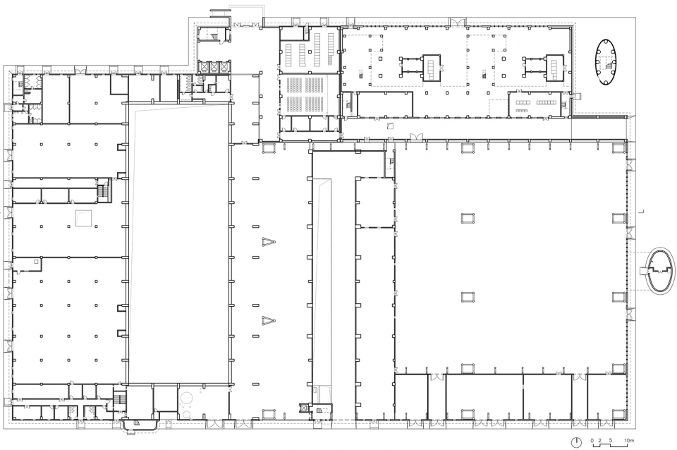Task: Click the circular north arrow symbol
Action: click(576, 442)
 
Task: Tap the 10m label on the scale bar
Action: click(628, 441)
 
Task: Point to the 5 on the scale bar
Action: click(611, 441)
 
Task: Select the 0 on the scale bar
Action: click(593, 441)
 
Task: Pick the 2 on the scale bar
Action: click(599, 441)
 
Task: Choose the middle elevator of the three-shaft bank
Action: click(214, 67)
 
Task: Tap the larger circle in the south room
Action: click(186, 399)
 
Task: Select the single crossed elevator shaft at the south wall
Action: click(305, 407)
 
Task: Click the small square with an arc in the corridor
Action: click(390, 126)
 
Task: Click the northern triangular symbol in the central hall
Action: click(268, 242)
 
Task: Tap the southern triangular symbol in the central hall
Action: click(268, 320)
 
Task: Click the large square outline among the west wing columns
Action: click(83, 218)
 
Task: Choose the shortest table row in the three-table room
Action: click(522, 110)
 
